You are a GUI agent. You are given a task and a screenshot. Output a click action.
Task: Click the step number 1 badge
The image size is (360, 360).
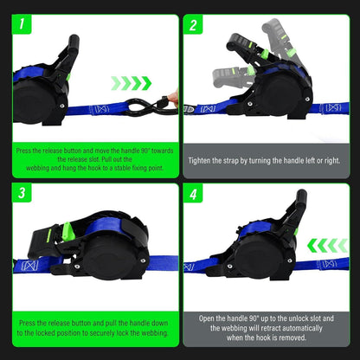click(22, 24)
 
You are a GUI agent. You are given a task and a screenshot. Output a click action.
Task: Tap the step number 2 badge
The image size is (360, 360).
click(193, 24)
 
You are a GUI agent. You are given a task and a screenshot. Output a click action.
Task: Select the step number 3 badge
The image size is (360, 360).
click(22, 193)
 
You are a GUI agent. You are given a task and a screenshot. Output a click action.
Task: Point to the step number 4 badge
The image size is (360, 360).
click(193, 193)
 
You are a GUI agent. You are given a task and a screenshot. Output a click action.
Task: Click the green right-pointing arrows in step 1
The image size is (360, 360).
click(132, 83)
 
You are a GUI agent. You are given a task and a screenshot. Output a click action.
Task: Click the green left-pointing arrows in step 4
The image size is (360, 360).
click(327, 246)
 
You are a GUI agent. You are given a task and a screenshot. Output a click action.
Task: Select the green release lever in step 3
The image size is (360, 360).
click(67, 231)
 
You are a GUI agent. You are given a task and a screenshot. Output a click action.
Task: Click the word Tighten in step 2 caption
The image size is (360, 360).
click(199, 161)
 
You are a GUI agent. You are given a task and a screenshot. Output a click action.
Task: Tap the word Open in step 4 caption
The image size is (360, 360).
click(206, 318)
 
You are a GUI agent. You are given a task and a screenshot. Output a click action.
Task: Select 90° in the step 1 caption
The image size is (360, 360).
click(145, 151)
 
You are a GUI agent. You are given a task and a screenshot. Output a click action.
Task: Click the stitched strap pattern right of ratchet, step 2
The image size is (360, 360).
click(333, 108)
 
